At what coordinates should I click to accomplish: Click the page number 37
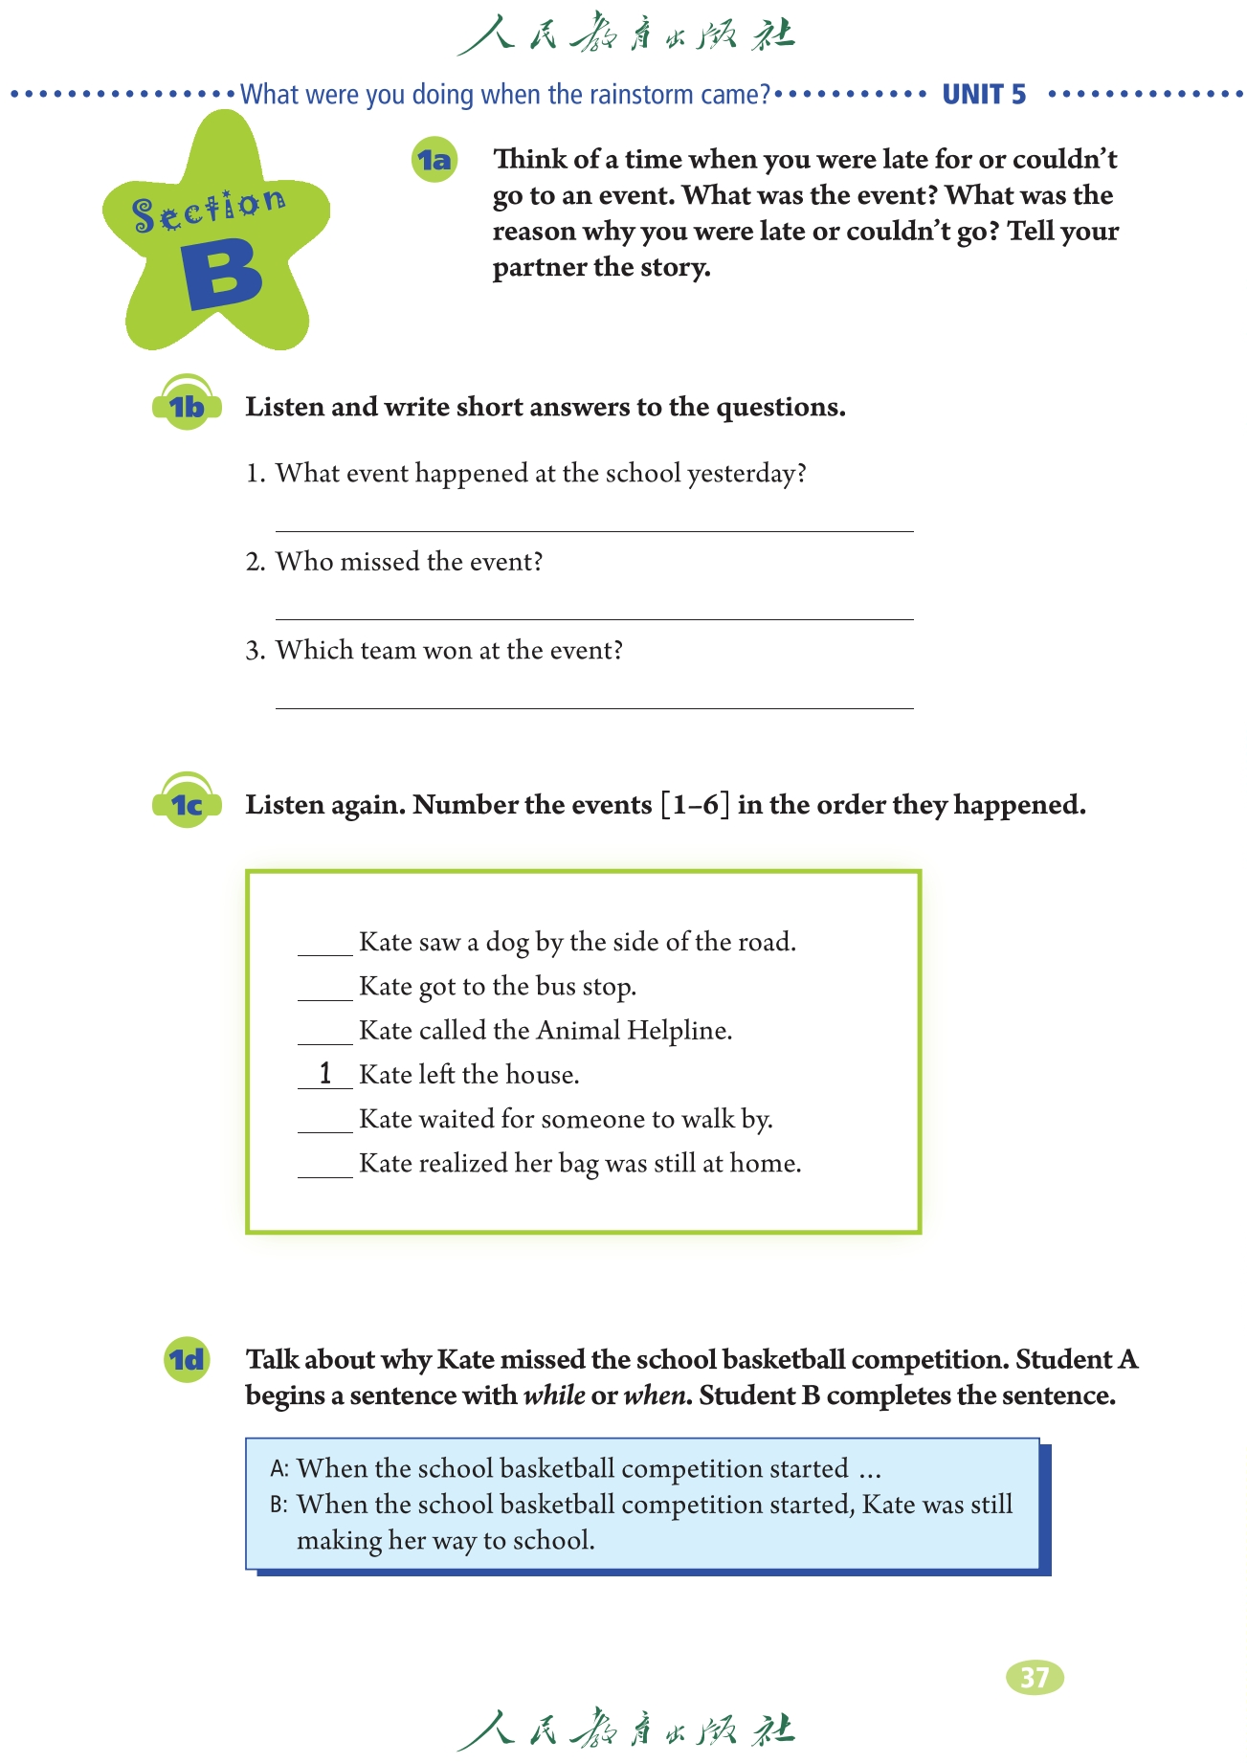click(x=1035, y=1677)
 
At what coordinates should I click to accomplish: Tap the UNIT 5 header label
click(x=984, y=95)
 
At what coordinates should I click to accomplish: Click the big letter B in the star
click(x=222, y=275)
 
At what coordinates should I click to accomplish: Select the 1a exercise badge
click(x=434, y=160)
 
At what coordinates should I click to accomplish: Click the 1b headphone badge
click(x=187, y=406)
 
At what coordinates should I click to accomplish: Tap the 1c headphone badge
click(x=187, y=804)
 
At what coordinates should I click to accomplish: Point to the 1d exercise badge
click(x=187, y=1359)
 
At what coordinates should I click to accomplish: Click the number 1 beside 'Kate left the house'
click(x=325, y=1074)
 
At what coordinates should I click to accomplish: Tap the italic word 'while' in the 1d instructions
click(x=554, y=1395)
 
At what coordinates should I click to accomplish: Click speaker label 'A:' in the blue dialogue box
click(x=278, y=1469)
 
